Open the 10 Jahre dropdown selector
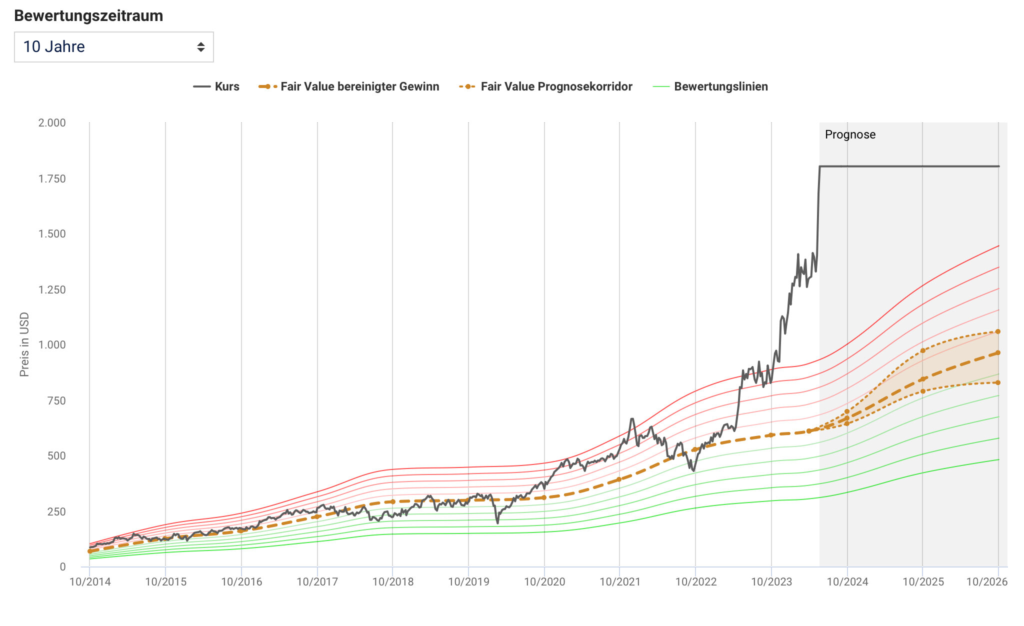113,47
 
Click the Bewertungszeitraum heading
88,16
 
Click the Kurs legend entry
216,86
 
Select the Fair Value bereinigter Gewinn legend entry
349,86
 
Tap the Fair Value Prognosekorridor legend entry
546,86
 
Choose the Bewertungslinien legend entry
710,86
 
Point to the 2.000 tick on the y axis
52,123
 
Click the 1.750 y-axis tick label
52,179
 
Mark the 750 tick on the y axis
56,400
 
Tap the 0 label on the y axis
62,567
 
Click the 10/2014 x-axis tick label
90,582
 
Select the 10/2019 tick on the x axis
468,582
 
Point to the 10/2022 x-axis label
696,582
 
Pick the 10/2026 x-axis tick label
987,582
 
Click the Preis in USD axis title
24,344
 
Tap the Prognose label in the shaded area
850,134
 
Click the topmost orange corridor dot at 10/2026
998,331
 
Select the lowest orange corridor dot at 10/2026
998,382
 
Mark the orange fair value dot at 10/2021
619,479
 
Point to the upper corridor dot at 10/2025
922,350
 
